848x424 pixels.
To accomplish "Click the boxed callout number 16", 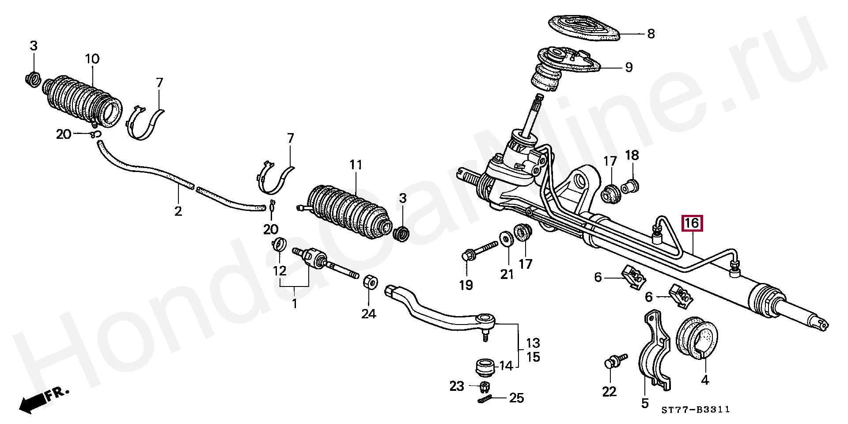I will (692, 223).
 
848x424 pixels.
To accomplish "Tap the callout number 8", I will (651, 34).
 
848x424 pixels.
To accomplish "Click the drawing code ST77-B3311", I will (695, 410).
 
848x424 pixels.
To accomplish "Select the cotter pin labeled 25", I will (486, 399).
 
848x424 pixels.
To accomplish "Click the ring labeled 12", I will (279, 244).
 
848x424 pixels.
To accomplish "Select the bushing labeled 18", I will (630, 187).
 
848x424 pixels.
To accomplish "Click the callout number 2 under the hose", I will (178, 211).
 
